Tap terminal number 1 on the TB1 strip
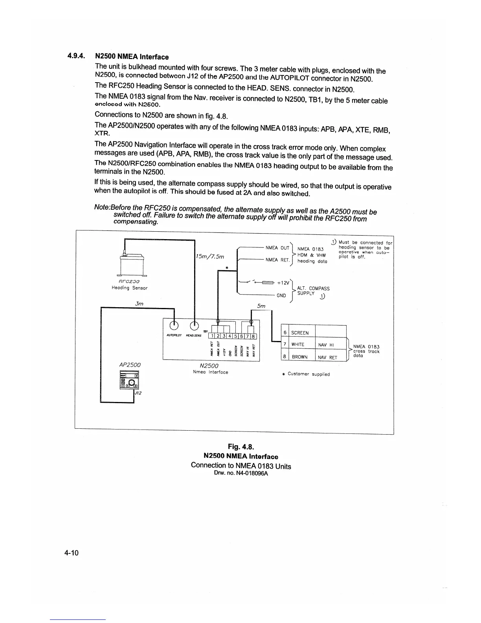click(x=213, y=336)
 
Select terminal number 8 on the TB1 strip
click(x=253, y=336)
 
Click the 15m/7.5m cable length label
click(x=210, y=256)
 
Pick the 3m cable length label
click(x=139, y=304)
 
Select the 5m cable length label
click(x=261, y=306)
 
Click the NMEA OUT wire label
click(x=277, y=248)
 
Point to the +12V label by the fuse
click(x=283, y=282)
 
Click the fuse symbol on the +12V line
click(x=267, y=282)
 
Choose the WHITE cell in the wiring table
click(x=298, y=345)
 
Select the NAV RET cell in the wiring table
click(x=328, y=358)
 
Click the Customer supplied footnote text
click(x=308, y=374)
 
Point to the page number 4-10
click(x=72, y=553)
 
